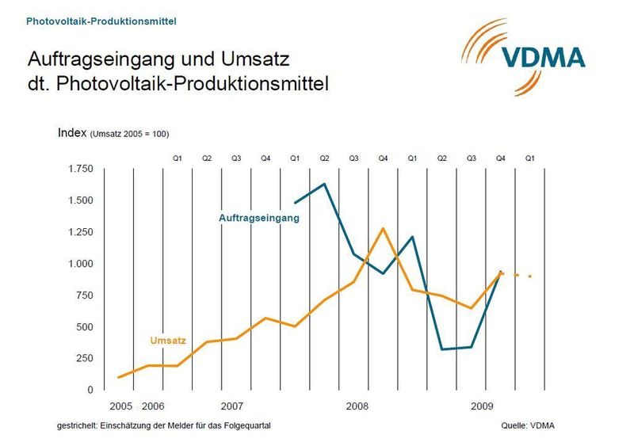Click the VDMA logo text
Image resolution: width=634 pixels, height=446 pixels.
click(x=544, y=56)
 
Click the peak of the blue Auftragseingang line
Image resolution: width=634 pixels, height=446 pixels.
click(x=325, y=185)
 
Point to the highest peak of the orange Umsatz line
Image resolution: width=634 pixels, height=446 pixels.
click(x=384, y=228)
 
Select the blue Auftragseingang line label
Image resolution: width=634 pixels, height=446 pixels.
click(x=260, y=217)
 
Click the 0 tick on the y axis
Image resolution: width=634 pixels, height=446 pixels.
click(x=90, y=390)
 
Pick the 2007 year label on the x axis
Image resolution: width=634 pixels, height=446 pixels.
click(x=231, y=406)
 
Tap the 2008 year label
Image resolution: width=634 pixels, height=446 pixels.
click(x=357, y=406)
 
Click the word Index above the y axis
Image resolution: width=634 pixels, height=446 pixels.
click(x=71, y=132)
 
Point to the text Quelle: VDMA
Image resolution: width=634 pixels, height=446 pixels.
click(x=528, y=426)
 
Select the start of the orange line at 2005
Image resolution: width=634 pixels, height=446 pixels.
click(x=118, y=377)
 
